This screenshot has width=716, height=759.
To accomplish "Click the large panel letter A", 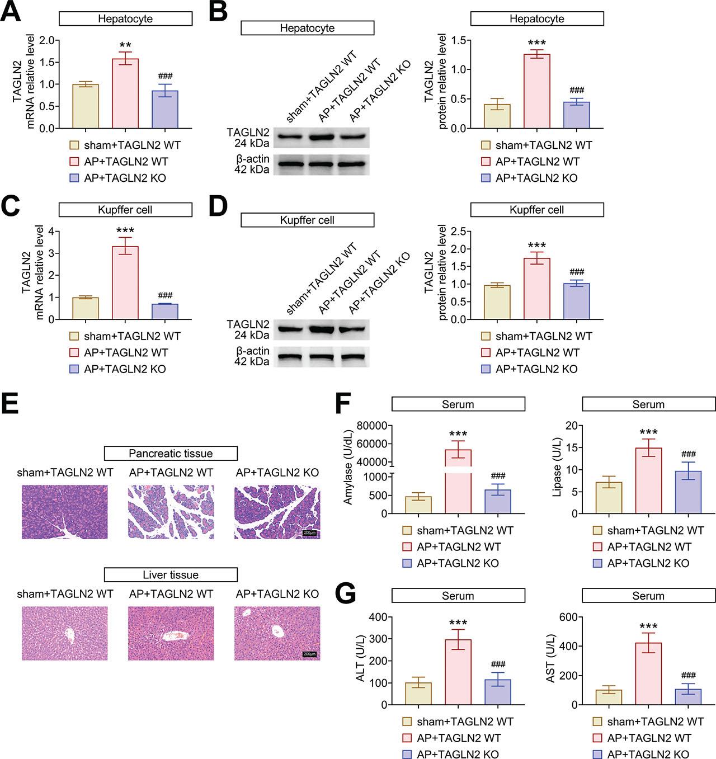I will tap(11, 12).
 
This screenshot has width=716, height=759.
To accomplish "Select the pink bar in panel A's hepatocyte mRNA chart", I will tap(125, 93).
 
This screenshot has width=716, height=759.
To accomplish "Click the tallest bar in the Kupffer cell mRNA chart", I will tap(125, 282).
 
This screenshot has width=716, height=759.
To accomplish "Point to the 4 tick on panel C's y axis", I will tap(51, 231).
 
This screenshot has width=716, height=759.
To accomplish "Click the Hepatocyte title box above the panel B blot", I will tap(307, 28).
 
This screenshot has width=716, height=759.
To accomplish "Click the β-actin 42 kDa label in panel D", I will tap(252, 356).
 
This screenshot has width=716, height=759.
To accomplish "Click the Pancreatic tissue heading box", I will tap(171, 453).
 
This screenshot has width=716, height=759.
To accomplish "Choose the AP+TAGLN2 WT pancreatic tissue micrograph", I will tap(171, 512).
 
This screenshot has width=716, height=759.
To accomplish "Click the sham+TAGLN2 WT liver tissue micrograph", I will tap(65, 633).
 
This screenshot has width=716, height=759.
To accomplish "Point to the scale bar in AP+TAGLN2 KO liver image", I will tap(309, 654).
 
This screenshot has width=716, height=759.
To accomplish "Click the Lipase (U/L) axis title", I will tap(557, 469).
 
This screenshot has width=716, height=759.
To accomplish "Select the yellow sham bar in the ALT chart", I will tap(418, 693).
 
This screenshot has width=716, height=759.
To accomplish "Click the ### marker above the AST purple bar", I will tap(689, 676).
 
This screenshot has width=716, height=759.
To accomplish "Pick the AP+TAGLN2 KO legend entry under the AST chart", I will tap(642, 754).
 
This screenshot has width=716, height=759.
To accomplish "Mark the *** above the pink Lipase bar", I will tap(648, 432).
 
